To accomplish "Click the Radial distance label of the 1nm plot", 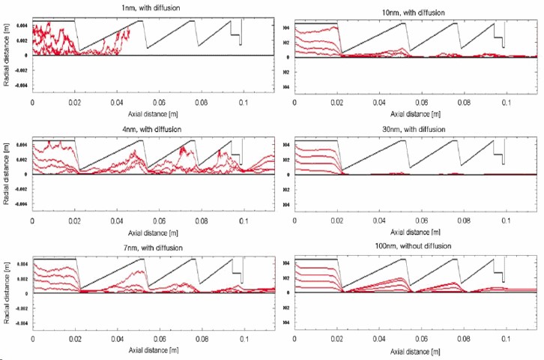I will tap(7, 55).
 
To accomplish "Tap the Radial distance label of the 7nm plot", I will tap(7, 293).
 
